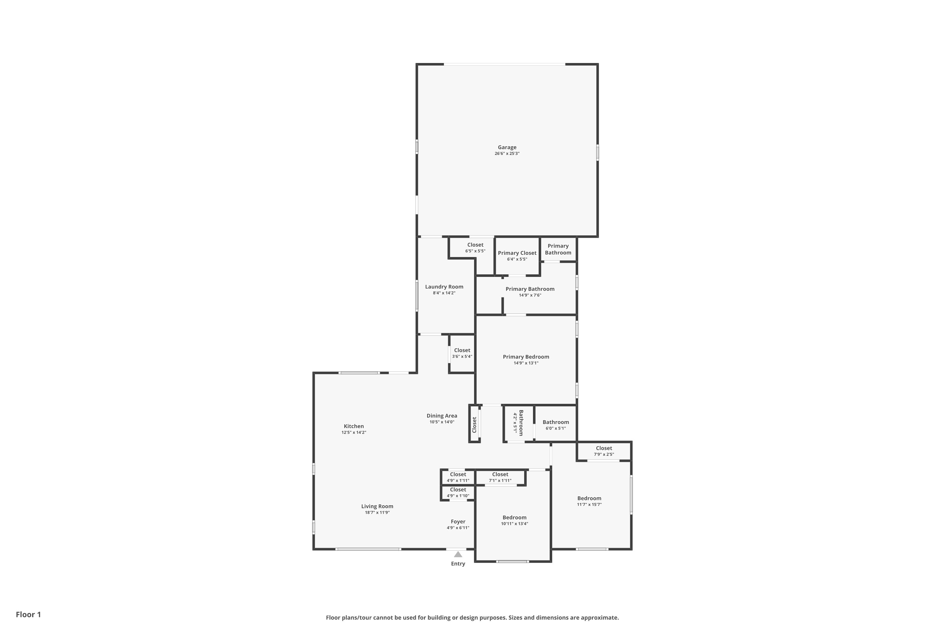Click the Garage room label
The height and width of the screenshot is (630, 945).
coord(507,147)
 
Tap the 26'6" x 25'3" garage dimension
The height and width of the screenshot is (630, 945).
coord(507,153)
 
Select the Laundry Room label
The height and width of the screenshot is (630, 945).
coord(444,287)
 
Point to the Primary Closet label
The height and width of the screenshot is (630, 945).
coord(517,253)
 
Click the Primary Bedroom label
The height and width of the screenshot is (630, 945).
coord(526,357)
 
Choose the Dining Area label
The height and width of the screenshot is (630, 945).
coord(442,416)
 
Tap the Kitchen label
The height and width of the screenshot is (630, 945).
coord(353,426)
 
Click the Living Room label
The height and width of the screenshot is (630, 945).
coord(377,506)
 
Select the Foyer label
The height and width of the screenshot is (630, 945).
coord(458,522)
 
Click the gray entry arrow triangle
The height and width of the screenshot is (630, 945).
coord(458,554)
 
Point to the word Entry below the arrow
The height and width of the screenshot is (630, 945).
coord(458,564)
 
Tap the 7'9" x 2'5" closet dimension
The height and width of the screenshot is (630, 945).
coord(604,455)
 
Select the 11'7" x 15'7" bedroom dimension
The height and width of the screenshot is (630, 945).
coord(589,505)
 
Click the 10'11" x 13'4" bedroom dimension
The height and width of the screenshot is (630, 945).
coord(514,524)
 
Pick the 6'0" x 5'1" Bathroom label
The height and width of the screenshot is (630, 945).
coord(556,422)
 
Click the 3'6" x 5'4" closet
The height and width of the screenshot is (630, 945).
coord(462,353)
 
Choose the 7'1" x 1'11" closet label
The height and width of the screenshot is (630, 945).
coord(500,474)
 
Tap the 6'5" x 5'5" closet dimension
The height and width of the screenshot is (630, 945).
coord(475,251)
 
